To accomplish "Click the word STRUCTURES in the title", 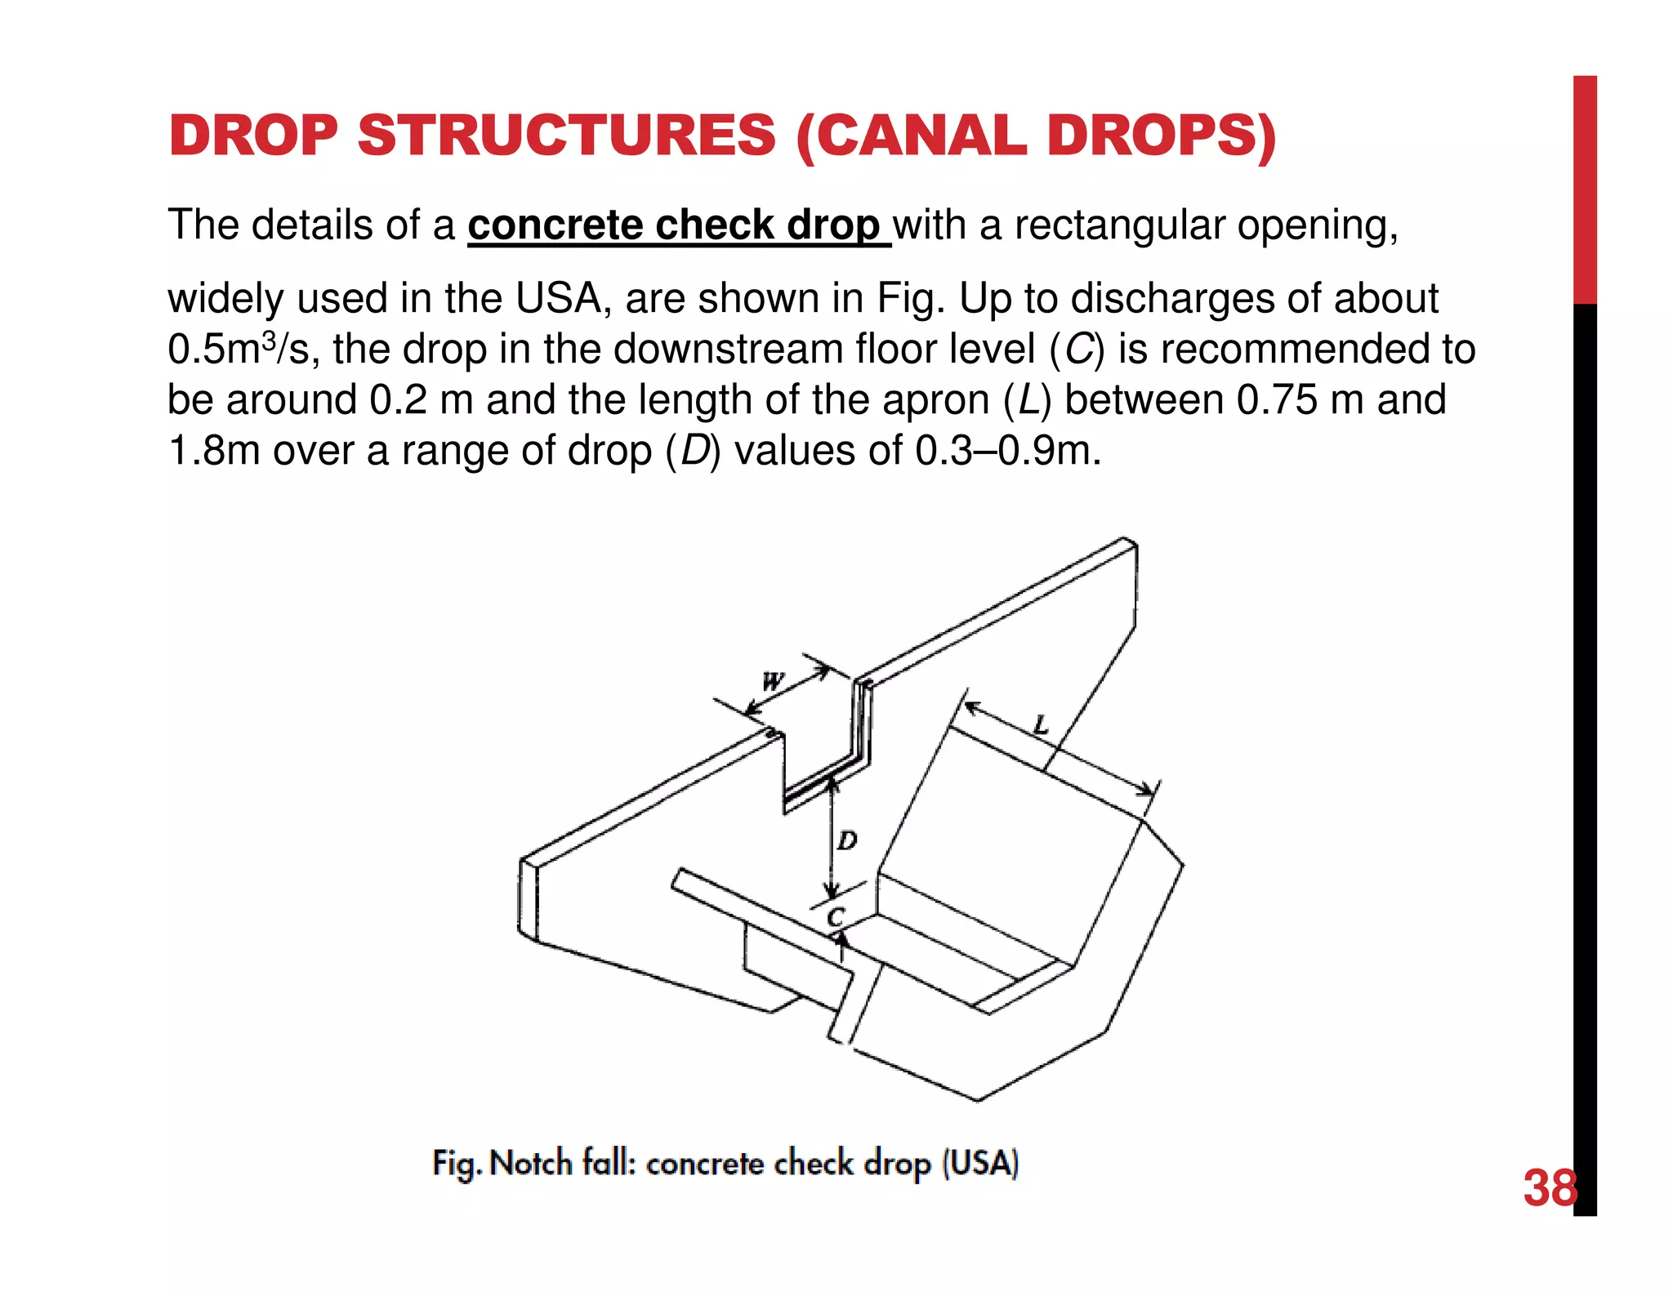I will (x=566, y=136).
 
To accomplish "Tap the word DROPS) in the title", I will (x=1161, y=136).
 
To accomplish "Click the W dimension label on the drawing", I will (x=772, y=680).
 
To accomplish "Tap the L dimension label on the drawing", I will (x=1039, y=724).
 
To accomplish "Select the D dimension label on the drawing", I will (x=848, y=840).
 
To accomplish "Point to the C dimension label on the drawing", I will (x=835, y=917).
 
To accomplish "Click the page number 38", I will (x=1550, y=1188).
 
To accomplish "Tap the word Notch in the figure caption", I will (x=531, y=1163).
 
